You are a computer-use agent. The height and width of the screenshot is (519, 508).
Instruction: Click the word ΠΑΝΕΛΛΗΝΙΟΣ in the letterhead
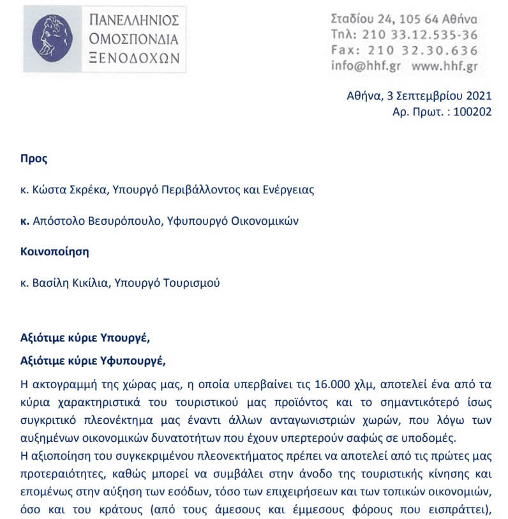click(x=134, y=19)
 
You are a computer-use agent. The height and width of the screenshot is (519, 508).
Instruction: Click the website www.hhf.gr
click(x=445, y=65)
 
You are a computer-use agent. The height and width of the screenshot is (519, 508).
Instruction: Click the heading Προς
click(x=34, y=159)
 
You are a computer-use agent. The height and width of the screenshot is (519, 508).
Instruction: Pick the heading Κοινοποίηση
click(x=55, y=252)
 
